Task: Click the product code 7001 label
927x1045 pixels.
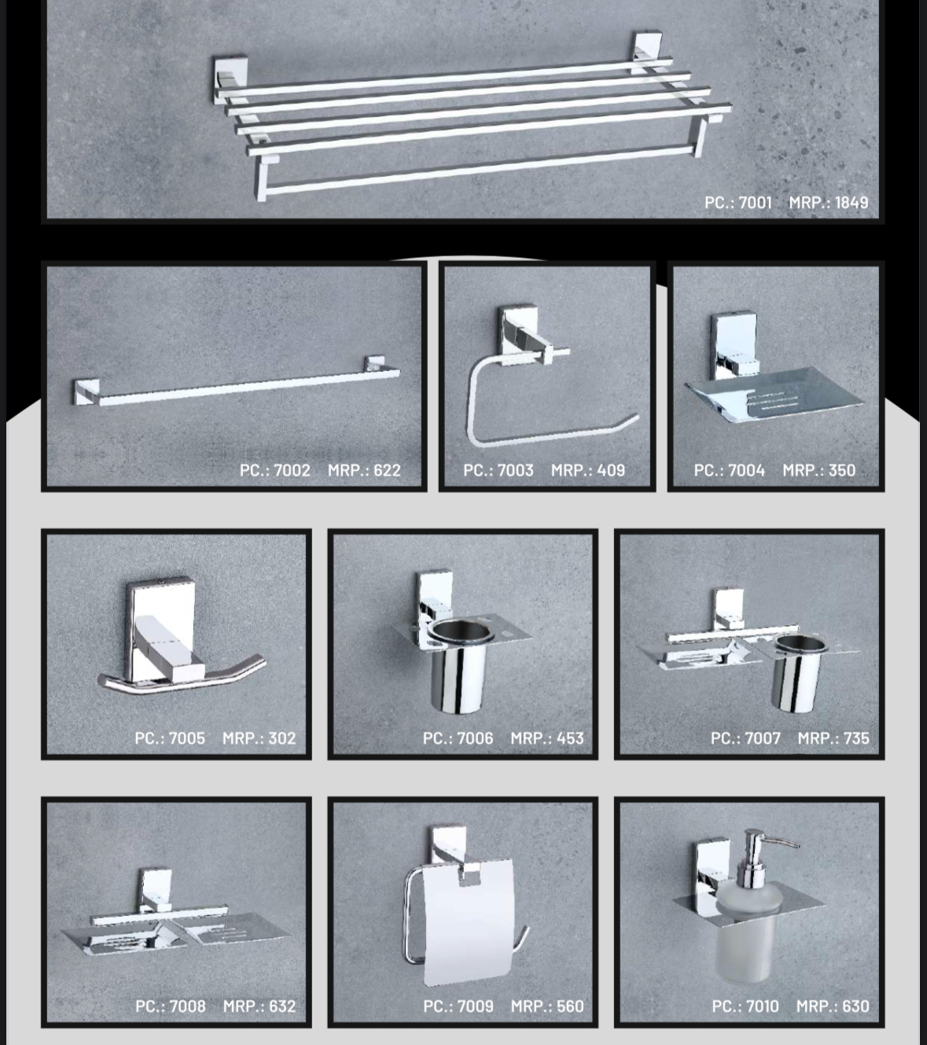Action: (738, 202)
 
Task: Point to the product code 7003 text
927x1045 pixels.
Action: (498, 470)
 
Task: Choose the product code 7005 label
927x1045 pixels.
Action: (170, 738)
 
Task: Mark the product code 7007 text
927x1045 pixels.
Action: (745, 738)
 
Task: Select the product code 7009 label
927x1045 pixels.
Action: (458, 1006)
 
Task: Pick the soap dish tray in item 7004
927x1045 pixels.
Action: (774, 395)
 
